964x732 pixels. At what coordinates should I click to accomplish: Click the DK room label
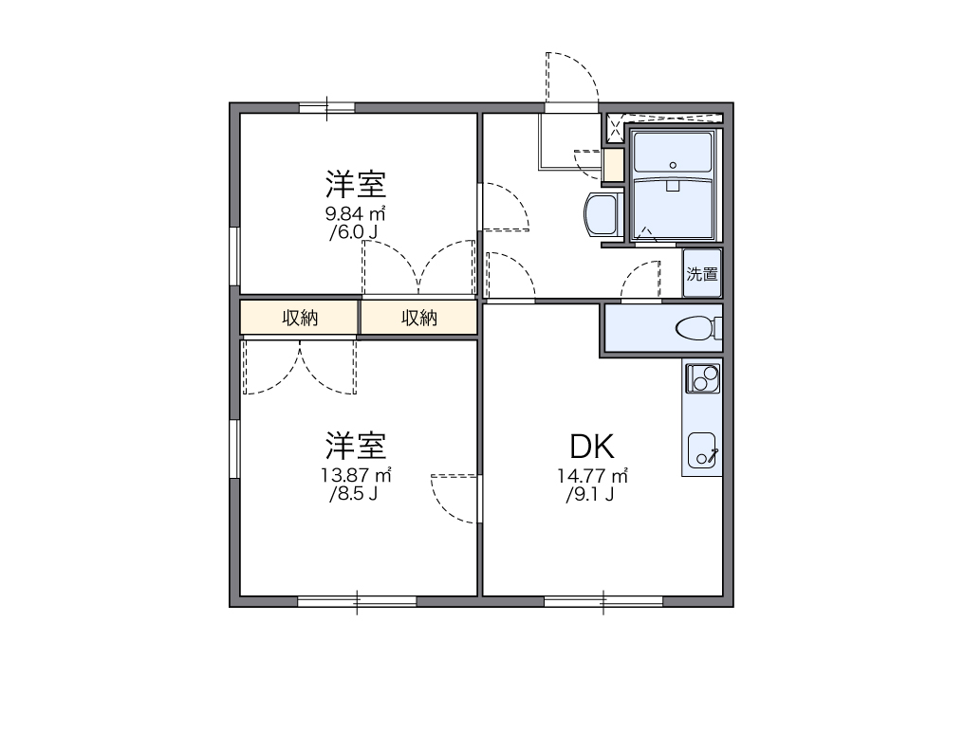593,446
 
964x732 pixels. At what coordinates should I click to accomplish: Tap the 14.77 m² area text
593,476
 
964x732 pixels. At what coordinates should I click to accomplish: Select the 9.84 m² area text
356,213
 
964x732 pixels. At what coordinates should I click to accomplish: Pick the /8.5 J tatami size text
354,494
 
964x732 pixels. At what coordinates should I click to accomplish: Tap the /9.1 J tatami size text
590,494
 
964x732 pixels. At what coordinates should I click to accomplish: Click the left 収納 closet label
300,319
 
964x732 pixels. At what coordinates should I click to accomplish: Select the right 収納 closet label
418,319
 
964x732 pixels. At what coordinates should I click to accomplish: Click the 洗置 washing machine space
702,275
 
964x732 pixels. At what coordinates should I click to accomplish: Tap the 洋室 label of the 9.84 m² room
356,183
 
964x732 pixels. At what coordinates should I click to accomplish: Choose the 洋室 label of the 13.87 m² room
356,444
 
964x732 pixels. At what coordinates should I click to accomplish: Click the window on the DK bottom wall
603,601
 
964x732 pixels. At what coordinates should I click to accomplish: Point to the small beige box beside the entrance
613,166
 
